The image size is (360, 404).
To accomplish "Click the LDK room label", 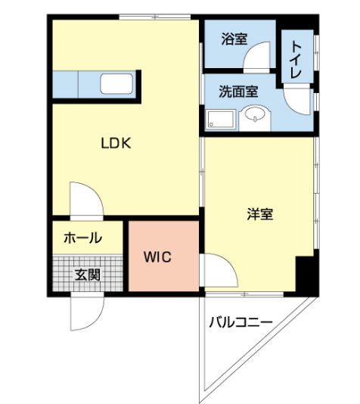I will point(117,141).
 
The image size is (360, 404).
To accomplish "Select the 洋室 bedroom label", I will point(259,214).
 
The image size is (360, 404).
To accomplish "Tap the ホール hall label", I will point(82,238).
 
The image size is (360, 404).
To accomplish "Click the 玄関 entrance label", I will point(87,275).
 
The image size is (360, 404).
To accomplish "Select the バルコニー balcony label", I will point(241,323).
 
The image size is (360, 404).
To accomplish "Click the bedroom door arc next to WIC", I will point(215,269).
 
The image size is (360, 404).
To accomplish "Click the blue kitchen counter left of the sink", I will point(76,84).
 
